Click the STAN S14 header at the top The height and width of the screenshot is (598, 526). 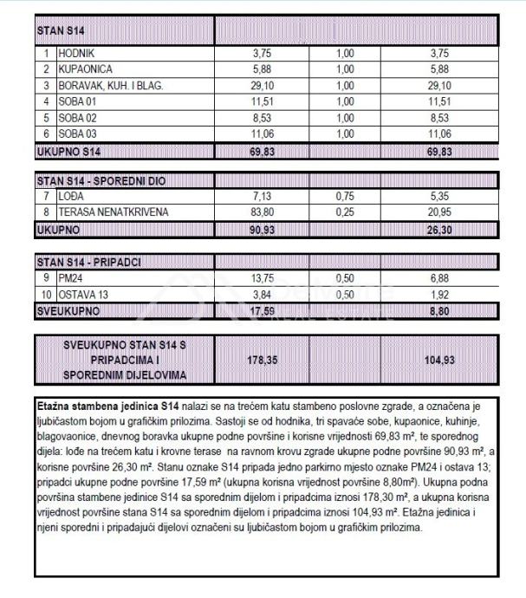click(61, 30)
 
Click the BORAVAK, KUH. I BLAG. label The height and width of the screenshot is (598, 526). click(110, 86)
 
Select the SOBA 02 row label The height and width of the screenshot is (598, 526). click(77, 118)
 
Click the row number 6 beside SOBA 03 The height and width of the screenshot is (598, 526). click(45, 134)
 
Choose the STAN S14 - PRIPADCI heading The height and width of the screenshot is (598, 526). click(90, 261)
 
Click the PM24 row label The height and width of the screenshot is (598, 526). click(70, 277)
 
